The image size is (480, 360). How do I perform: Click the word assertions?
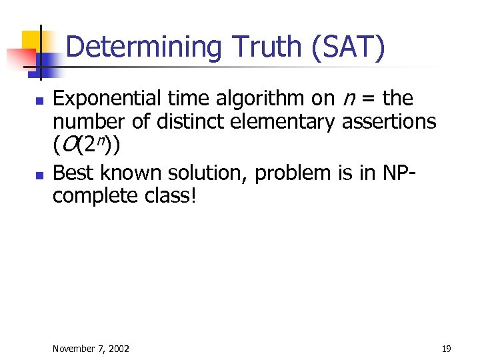click(x=389, y=122)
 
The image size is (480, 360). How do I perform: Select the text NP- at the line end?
click(x=397, y=173)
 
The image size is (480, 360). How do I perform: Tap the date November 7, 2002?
click(x=91, y=349)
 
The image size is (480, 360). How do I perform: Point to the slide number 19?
click(x=446, y=349)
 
